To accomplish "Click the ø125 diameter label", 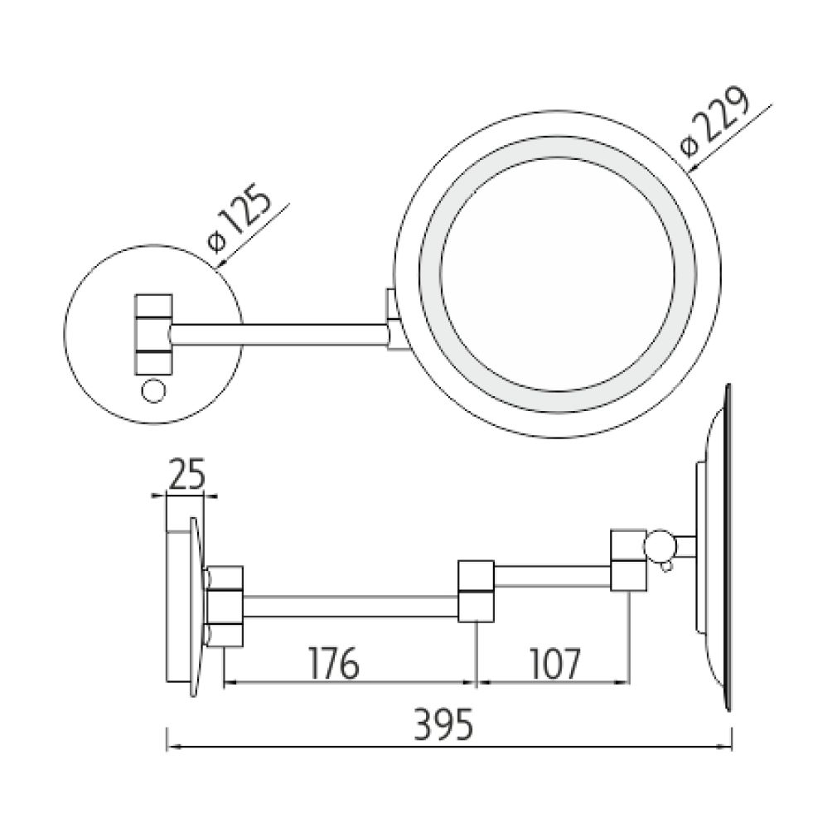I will [238, 221].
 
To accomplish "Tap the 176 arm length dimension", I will [333, 662].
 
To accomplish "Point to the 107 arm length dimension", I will [553, 662].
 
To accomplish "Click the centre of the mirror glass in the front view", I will [554, 273].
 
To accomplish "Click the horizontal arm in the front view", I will [278, 334].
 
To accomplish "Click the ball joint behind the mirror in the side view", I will [661, 546].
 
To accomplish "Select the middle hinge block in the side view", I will [476, 590].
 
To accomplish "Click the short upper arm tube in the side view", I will [551, 574].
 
